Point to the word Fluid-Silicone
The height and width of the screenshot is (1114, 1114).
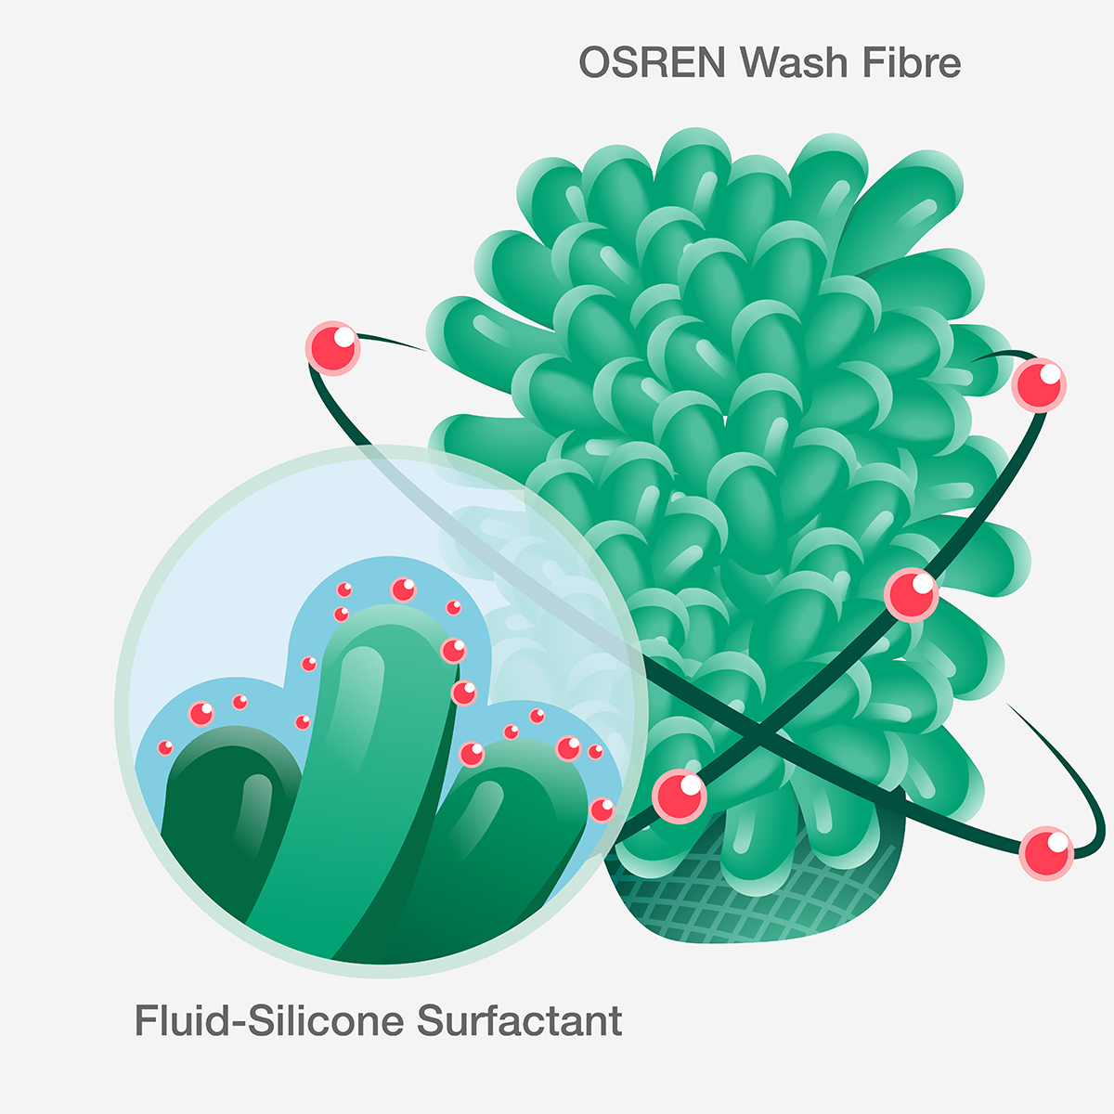269,1020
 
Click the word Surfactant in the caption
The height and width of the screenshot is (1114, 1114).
520,1020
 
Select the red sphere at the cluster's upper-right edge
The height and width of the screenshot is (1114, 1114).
1039,384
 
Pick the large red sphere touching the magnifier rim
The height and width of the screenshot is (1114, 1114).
680,797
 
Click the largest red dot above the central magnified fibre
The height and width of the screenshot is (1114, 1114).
404,589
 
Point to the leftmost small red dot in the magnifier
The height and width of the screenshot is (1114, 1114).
165,747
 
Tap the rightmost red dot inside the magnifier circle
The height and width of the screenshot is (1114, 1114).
602,810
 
